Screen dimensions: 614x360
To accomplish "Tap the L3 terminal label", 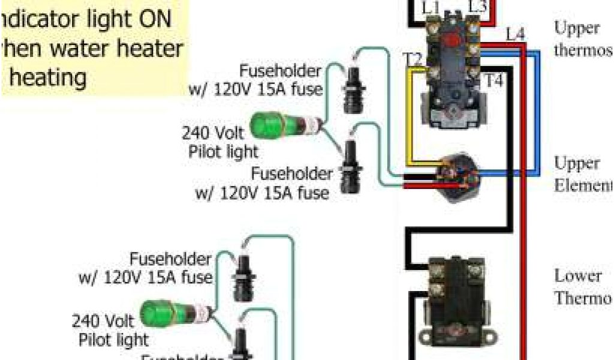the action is (477, 7).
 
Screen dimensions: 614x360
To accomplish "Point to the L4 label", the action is (514, 34).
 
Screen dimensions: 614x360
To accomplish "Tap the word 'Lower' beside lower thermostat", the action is (577, 276).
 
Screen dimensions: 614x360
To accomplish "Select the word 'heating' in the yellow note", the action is (49, 77).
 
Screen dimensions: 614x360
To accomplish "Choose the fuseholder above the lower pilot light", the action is (243, 277).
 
